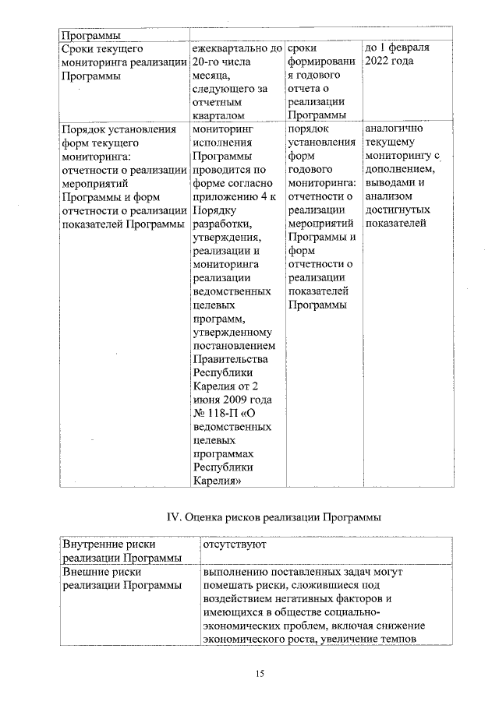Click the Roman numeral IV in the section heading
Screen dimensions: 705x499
175,517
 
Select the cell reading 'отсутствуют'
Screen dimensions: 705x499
235,544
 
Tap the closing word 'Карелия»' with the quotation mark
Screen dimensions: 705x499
217,481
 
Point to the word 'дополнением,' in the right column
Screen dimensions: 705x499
399,170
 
